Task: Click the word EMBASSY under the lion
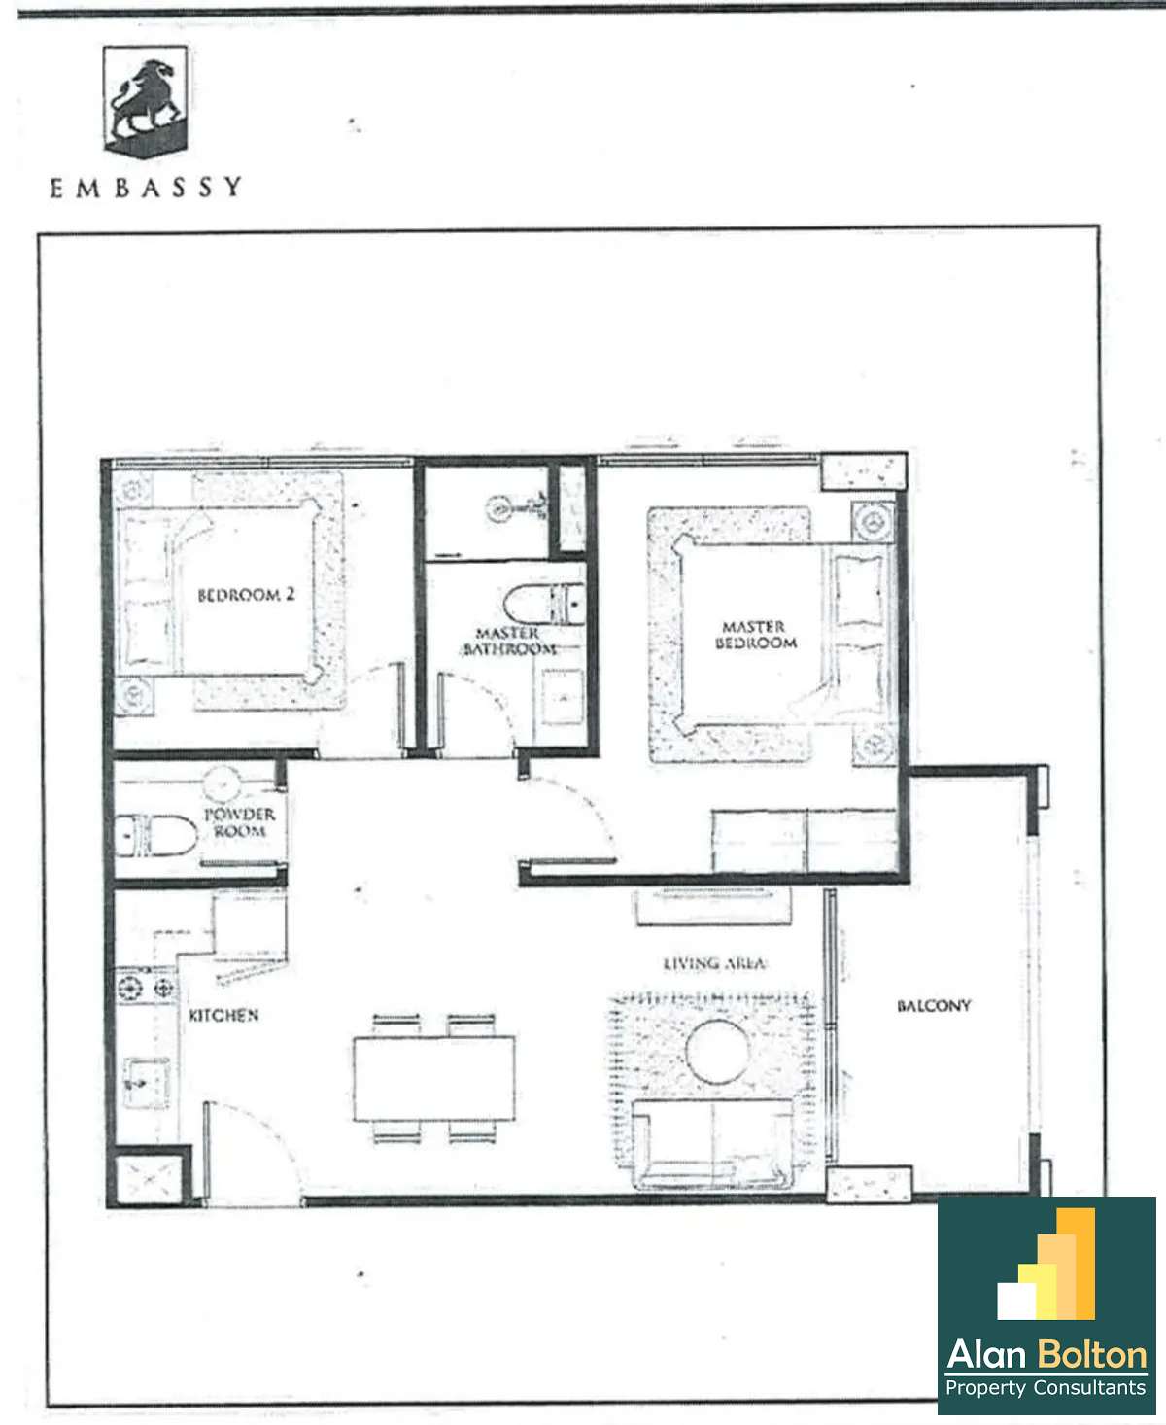[145, 188]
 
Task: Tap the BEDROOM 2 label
[246, 595]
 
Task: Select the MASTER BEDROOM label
[755, 636]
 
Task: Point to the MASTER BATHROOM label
[510, 642]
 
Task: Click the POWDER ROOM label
[240, 822]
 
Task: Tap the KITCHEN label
[223, 1015]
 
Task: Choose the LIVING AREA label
[714, 963]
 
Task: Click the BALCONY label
[934, 1006]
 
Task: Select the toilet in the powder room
[155, 836]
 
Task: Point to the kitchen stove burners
[145, 989]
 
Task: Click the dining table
[434, 1078]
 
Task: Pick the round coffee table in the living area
[717, 1052]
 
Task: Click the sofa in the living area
[712, 1143]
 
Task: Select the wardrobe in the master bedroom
[806, 841]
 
